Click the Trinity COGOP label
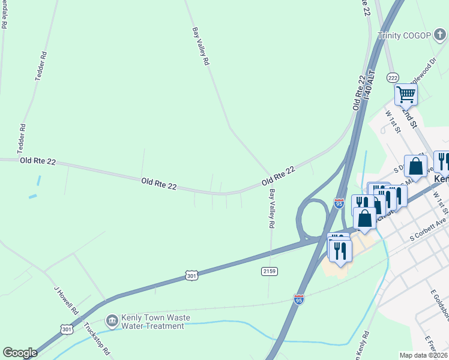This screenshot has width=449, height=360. (x=405, y=36)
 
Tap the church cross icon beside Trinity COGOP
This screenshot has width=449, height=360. (x=441, y=35)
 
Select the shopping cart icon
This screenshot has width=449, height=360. (x=406, y=94)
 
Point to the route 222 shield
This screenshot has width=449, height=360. (x=393, y=77)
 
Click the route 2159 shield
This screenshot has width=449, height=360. (x=270, y=272)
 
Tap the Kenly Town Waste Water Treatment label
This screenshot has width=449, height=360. (x=152, y=322)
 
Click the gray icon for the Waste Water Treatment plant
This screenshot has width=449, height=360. (x=111, y=321)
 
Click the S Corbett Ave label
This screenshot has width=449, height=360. (x=428, y=230)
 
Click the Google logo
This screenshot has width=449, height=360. (x=20, y=353)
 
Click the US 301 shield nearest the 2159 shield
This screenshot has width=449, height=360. (x=191, y=275)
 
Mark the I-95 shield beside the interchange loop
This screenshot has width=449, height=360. (x=339, y=204)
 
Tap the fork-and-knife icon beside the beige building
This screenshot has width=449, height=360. (x=340, y=249)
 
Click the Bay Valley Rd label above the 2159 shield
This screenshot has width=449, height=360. (x=272, y=208)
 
